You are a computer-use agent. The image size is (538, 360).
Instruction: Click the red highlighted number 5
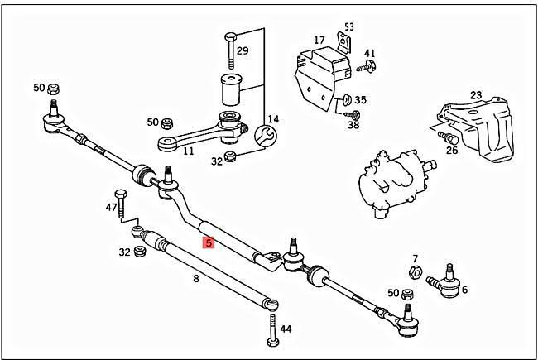click(209, 243)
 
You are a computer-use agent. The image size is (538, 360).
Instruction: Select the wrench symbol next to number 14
click(267, 135)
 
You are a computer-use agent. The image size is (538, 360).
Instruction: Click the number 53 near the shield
click(348, 26)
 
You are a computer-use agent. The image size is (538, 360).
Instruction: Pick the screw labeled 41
click(367, 65)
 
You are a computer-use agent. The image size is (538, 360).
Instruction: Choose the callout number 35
click(361, 99)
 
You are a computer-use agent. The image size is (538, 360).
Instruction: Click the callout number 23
click(476, 95)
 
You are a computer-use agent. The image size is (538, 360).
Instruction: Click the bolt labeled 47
click(122, 201)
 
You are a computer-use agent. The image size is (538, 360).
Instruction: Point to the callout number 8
click(195, 279)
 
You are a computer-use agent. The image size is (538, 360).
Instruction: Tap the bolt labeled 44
click(272, 334)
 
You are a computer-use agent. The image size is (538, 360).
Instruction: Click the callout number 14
click(273, 119)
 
